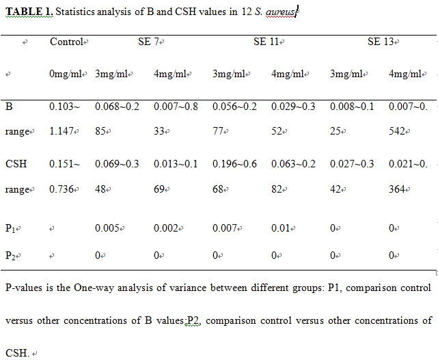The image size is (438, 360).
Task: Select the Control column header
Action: click(x=67, y=42)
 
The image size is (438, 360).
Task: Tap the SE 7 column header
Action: click(x=147, y=42)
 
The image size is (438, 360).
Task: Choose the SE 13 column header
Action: click(x=381, y=42)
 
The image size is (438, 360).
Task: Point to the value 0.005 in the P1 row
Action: click(x=107, y=228)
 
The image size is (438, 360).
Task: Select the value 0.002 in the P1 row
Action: click(x=166, y=228)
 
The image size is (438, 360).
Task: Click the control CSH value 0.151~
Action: click(x=66, y=163)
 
